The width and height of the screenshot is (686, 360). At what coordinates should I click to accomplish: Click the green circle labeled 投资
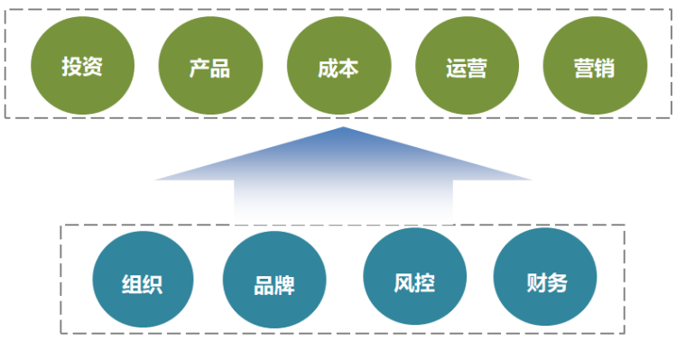[x=82, y=67]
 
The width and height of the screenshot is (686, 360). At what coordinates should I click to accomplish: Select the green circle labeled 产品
[x=210, y=68]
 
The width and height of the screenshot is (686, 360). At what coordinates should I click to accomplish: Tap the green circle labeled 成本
[x=338, y=68]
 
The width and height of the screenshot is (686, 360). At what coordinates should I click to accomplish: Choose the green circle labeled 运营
[x=467, y=68]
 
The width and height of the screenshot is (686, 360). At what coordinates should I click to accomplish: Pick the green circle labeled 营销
[x=595, y=68]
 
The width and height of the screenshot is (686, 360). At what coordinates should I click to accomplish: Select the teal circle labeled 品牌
[x=274, y=283]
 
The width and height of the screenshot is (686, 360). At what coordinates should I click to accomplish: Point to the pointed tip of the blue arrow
[x=343, y=129]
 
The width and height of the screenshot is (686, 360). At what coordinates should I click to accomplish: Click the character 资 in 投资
[x=93, y=67]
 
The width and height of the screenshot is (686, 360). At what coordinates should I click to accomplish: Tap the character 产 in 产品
[x=199, y=68]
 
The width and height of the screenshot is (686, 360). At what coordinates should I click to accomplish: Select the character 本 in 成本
[x=349, y=68]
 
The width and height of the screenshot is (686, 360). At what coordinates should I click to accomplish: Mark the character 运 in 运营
[x=456, y=68]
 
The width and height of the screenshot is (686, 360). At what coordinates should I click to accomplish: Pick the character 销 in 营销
[x=606, y=68]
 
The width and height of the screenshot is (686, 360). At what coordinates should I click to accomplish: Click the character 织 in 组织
[x=153, y=283]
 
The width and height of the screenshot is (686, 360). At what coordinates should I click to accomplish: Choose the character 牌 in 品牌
[x=285, y=285]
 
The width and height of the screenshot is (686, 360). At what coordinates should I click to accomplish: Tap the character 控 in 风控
[x=425, y=282]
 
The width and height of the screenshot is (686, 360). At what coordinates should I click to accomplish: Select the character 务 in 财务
[x=557, y=282]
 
